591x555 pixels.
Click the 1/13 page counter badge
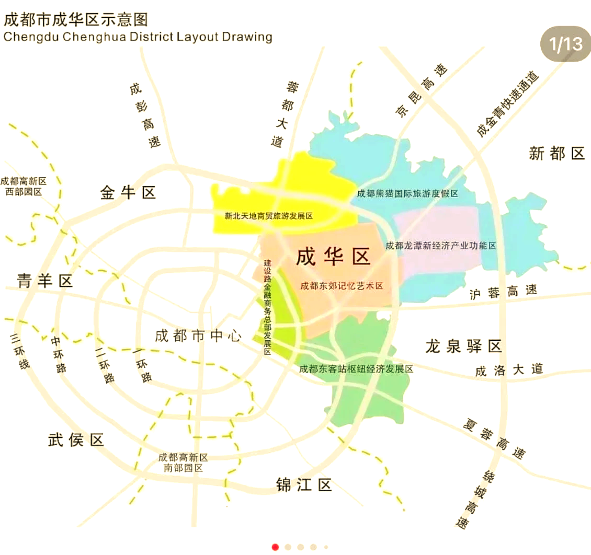[565, 43]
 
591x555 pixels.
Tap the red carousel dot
[276, 547]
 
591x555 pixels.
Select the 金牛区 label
[128, 193]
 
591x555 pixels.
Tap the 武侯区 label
[76, 440]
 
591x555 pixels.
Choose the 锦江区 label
[304, 485]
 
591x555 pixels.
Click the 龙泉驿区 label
[463, 345]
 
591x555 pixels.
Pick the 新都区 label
[556, 154]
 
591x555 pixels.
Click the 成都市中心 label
[198, 336]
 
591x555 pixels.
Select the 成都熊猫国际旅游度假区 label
[407, 194]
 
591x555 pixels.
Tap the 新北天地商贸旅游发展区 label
[269, 216]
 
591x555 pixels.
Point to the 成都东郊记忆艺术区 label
[342, 286]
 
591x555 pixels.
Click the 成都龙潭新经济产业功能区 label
[440, 245]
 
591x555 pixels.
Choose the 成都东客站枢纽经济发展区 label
[356, 369]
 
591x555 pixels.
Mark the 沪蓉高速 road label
[503, 292]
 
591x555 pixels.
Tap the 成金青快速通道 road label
[507, 105]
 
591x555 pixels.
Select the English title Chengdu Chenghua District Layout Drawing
[138, 37]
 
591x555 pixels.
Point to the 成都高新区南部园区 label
[183, 462]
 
